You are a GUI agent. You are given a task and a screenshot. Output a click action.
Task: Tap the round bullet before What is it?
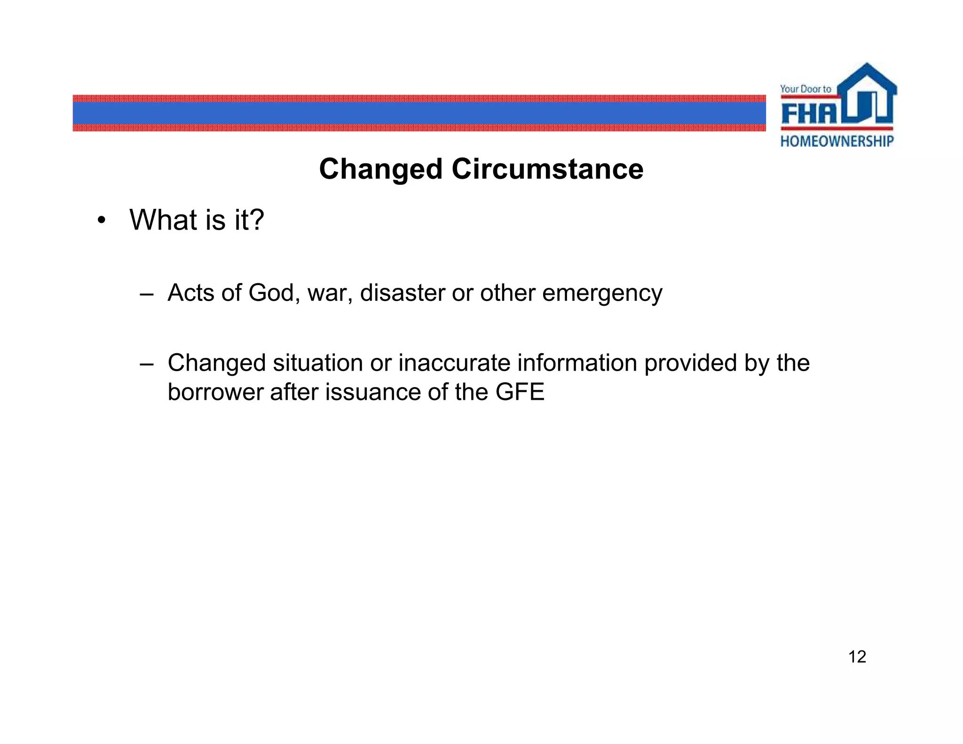101,221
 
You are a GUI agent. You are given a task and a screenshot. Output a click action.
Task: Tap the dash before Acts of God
146,295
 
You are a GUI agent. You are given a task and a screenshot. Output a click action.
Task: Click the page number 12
857,657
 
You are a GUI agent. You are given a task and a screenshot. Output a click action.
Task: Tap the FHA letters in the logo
809,114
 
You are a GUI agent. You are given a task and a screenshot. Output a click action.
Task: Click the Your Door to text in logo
805,89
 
